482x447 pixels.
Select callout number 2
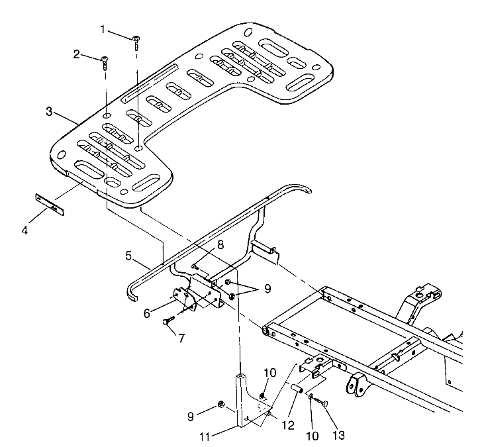pyautogui.click(x=77, y=54)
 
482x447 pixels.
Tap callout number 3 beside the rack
pyautogui.click(x=50, y=111)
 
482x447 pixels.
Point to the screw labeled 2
pyautogui.click(x=105, y=63)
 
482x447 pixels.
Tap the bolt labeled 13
pyautogui.click(x=320, y=401)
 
